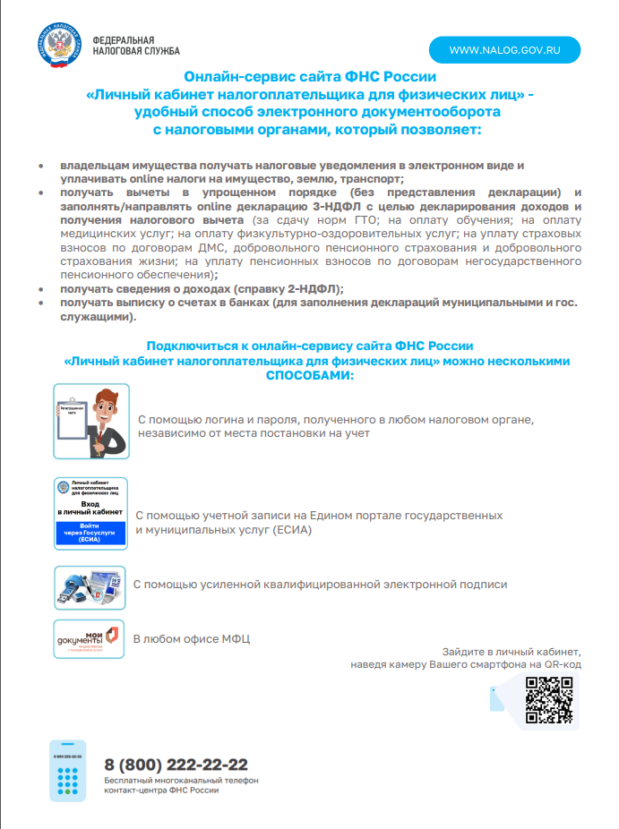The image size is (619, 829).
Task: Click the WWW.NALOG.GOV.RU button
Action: (x=504, y=50)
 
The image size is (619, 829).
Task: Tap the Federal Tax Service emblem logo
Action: (x=61, y=47)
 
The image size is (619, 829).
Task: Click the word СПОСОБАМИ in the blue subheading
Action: (x=310, y=375)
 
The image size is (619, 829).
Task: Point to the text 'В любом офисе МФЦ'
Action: (x=192, y=639)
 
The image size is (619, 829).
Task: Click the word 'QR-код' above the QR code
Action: (x=563, y=665)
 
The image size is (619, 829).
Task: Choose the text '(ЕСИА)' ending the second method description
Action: (x=290, y=530)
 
